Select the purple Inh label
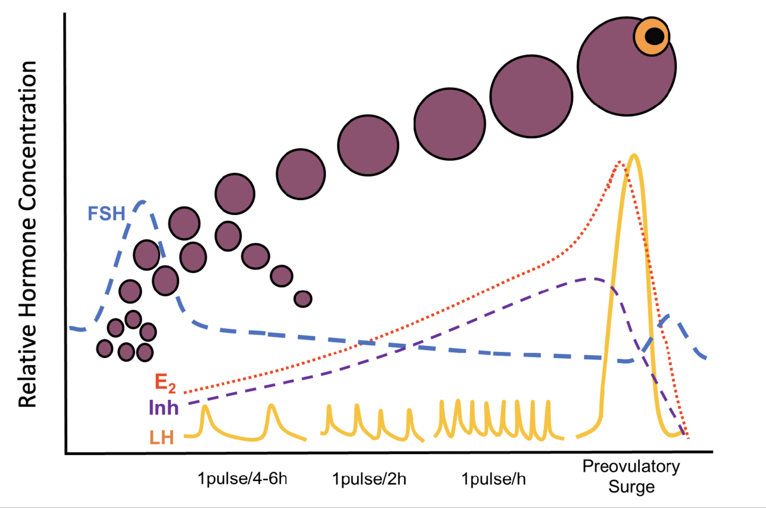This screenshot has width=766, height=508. click(164, 408)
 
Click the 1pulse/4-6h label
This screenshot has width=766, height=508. click(241, 479)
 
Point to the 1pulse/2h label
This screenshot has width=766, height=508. click(370, 479)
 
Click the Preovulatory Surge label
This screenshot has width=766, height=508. click(630, 476)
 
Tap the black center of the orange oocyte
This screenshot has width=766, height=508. click(655, 36)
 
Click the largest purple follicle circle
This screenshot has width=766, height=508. click(626, 68)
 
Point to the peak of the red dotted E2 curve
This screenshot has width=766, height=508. click(619, 163)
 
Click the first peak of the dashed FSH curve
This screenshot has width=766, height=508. click(142, 202)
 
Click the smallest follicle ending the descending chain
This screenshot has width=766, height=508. click(303, 298)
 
